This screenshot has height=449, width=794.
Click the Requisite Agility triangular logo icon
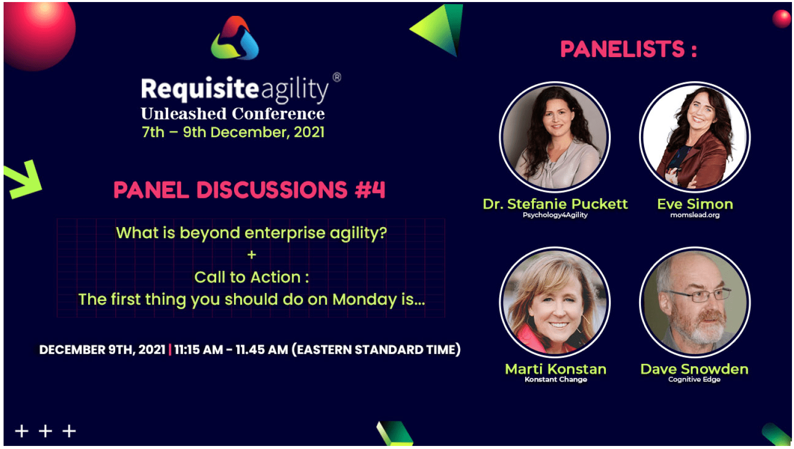pos(235,38)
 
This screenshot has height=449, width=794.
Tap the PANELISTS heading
pos(628,49)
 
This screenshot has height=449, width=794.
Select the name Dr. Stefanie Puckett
pos(555,204)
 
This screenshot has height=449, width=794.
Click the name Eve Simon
pos(695,204)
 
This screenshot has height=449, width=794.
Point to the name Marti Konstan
pos(555,369)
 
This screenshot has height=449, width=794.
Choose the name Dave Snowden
pos(695,369)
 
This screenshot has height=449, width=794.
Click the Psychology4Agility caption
pos(555,215)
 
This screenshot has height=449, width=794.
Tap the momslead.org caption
pos(695,215)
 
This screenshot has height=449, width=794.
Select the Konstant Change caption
pos(556,380)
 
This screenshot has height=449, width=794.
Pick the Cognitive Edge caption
pos(695,380)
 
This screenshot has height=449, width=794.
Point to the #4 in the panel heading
pos(370,190)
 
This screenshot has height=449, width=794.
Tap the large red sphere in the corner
pos(39,36)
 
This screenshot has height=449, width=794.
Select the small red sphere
pos(781,18)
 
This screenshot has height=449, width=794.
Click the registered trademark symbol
pos(337,77)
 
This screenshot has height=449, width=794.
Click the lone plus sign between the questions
pos(252,255)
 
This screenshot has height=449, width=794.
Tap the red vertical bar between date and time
pos(170,350)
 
